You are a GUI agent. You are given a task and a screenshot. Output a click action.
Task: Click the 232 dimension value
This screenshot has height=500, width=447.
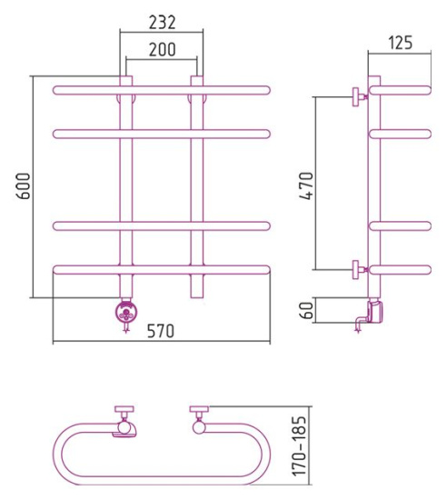coord(161,21)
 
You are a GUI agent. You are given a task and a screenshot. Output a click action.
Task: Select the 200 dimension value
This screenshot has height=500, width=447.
coord(161,51)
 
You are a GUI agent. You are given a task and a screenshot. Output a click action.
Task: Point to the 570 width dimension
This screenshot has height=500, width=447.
coord(161,331)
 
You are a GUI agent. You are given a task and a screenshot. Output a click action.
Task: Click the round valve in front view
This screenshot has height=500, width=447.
coord(124,313)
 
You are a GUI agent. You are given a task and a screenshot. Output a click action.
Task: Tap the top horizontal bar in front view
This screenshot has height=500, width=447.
coord(161,90)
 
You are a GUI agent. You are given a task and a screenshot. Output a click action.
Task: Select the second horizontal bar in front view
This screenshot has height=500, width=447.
coord(161,134)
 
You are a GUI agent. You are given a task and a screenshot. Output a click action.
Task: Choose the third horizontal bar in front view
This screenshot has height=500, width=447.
coord(161,225)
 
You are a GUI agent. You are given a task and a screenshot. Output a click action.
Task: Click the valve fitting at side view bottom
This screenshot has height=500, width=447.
coord(370,313)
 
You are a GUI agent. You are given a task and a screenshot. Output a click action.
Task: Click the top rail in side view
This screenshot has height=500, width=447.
coord(400,90)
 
